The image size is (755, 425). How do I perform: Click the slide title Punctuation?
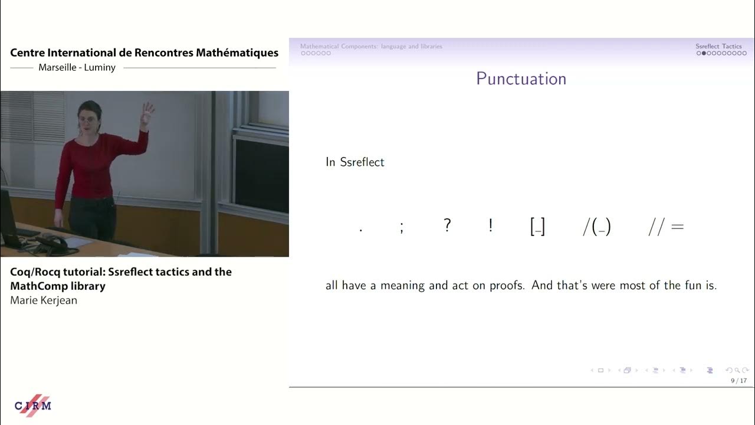tap(521, 79)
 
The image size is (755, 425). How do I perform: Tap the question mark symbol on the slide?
tap(447, 225)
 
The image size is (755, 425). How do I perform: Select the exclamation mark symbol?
tap(490, 225)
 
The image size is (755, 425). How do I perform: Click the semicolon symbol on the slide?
tap(402, 227)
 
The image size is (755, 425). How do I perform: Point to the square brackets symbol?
tap(537, 227)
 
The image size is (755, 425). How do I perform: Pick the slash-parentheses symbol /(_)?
tap(596, 227)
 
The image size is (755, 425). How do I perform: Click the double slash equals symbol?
tap(666, 227)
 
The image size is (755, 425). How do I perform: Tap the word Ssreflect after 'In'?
tap(362, 162)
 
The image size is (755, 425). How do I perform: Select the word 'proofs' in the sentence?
tap(507, 286)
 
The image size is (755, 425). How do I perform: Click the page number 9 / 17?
tap(738, 381)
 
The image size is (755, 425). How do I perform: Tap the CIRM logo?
tap(33, 406)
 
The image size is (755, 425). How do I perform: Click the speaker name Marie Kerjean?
tap(44, 300)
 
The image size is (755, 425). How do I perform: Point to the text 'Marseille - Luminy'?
tap(77, 67)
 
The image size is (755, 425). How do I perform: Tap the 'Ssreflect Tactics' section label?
tap(718, 46)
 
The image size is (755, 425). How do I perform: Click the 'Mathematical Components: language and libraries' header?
tap(371, 46)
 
